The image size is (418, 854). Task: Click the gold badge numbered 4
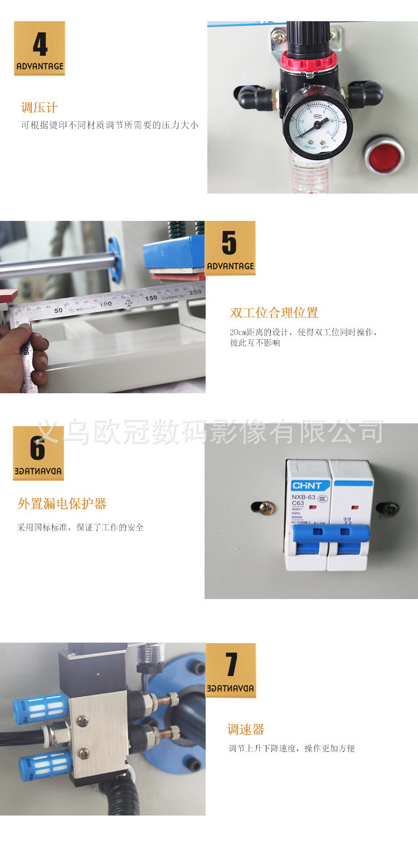pos(40,48)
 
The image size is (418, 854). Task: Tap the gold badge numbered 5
pos(230,248)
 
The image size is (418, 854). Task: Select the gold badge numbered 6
pos(38,453)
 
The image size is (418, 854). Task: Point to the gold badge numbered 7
pos(231,670)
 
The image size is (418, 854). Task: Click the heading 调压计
pos(39,108)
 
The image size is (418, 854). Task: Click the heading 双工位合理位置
pos(274,312)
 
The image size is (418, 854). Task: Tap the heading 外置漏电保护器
pos(62,504)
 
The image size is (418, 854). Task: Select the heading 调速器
pos(245,729)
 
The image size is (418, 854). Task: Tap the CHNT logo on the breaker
pos(307,485)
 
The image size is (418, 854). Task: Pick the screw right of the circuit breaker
pos(389,508)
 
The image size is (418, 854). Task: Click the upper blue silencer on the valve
pos(41,708)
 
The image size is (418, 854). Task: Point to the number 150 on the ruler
pos(151,298)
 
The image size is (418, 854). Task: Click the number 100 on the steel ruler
pos(105,303)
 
